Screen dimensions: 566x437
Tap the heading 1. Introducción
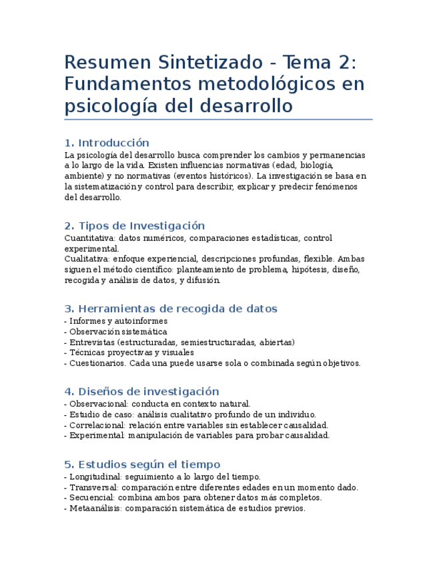click(x=107, y=143)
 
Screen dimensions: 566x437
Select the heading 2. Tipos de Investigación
click(x=134, y=226)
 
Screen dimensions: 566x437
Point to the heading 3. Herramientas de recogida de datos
click(x=171, y=308)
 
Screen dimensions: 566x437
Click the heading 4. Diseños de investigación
click(x=141, y=391)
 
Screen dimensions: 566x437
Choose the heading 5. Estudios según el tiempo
click(x=142, y=464)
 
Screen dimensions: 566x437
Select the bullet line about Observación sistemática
click(x=117, y=332)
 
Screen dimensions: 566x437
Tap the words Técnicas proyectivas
click(x=107, y=353)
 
